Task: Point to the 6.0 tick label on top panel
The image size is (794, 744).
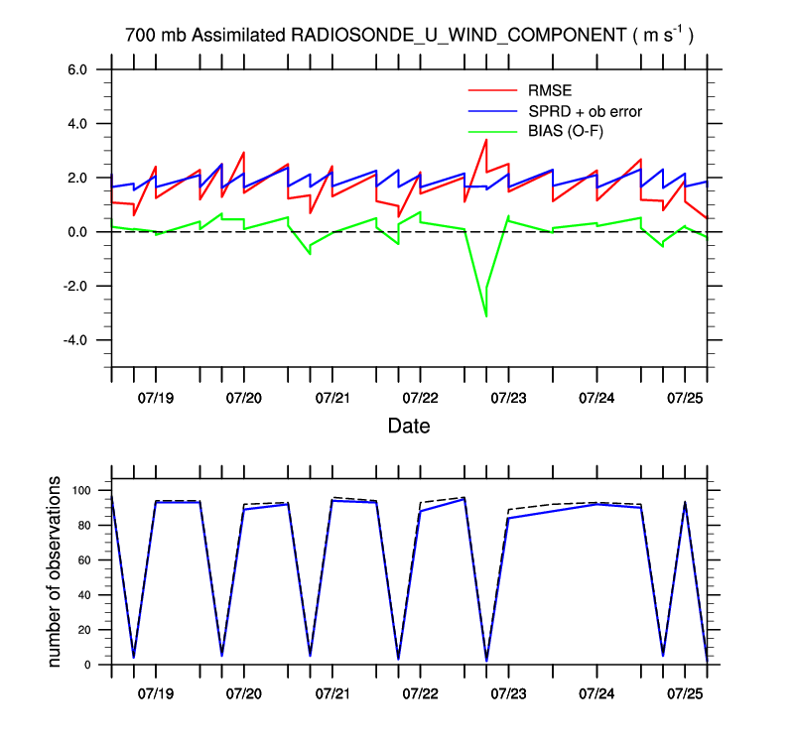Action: [76, 69]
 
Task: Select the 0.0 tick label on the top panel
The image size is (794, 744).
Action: [76, 232]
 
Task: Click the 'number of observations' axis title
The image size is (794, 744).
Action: [56, 572]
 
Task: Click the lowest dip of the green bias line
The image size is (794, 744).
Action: [486, 316]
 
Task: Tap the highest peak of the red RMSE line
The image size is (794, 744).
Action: [485, 140]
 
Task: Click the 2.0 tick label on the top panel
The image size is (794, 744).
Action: [76, 178]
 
